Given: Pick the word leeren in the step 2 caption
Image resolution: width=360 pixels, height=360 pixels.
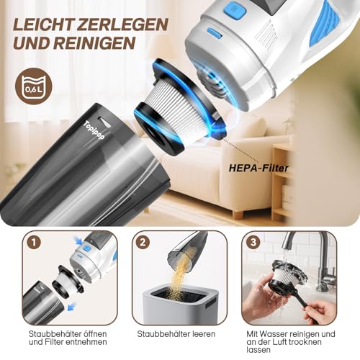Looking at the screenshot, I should (x=195, y=334).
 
